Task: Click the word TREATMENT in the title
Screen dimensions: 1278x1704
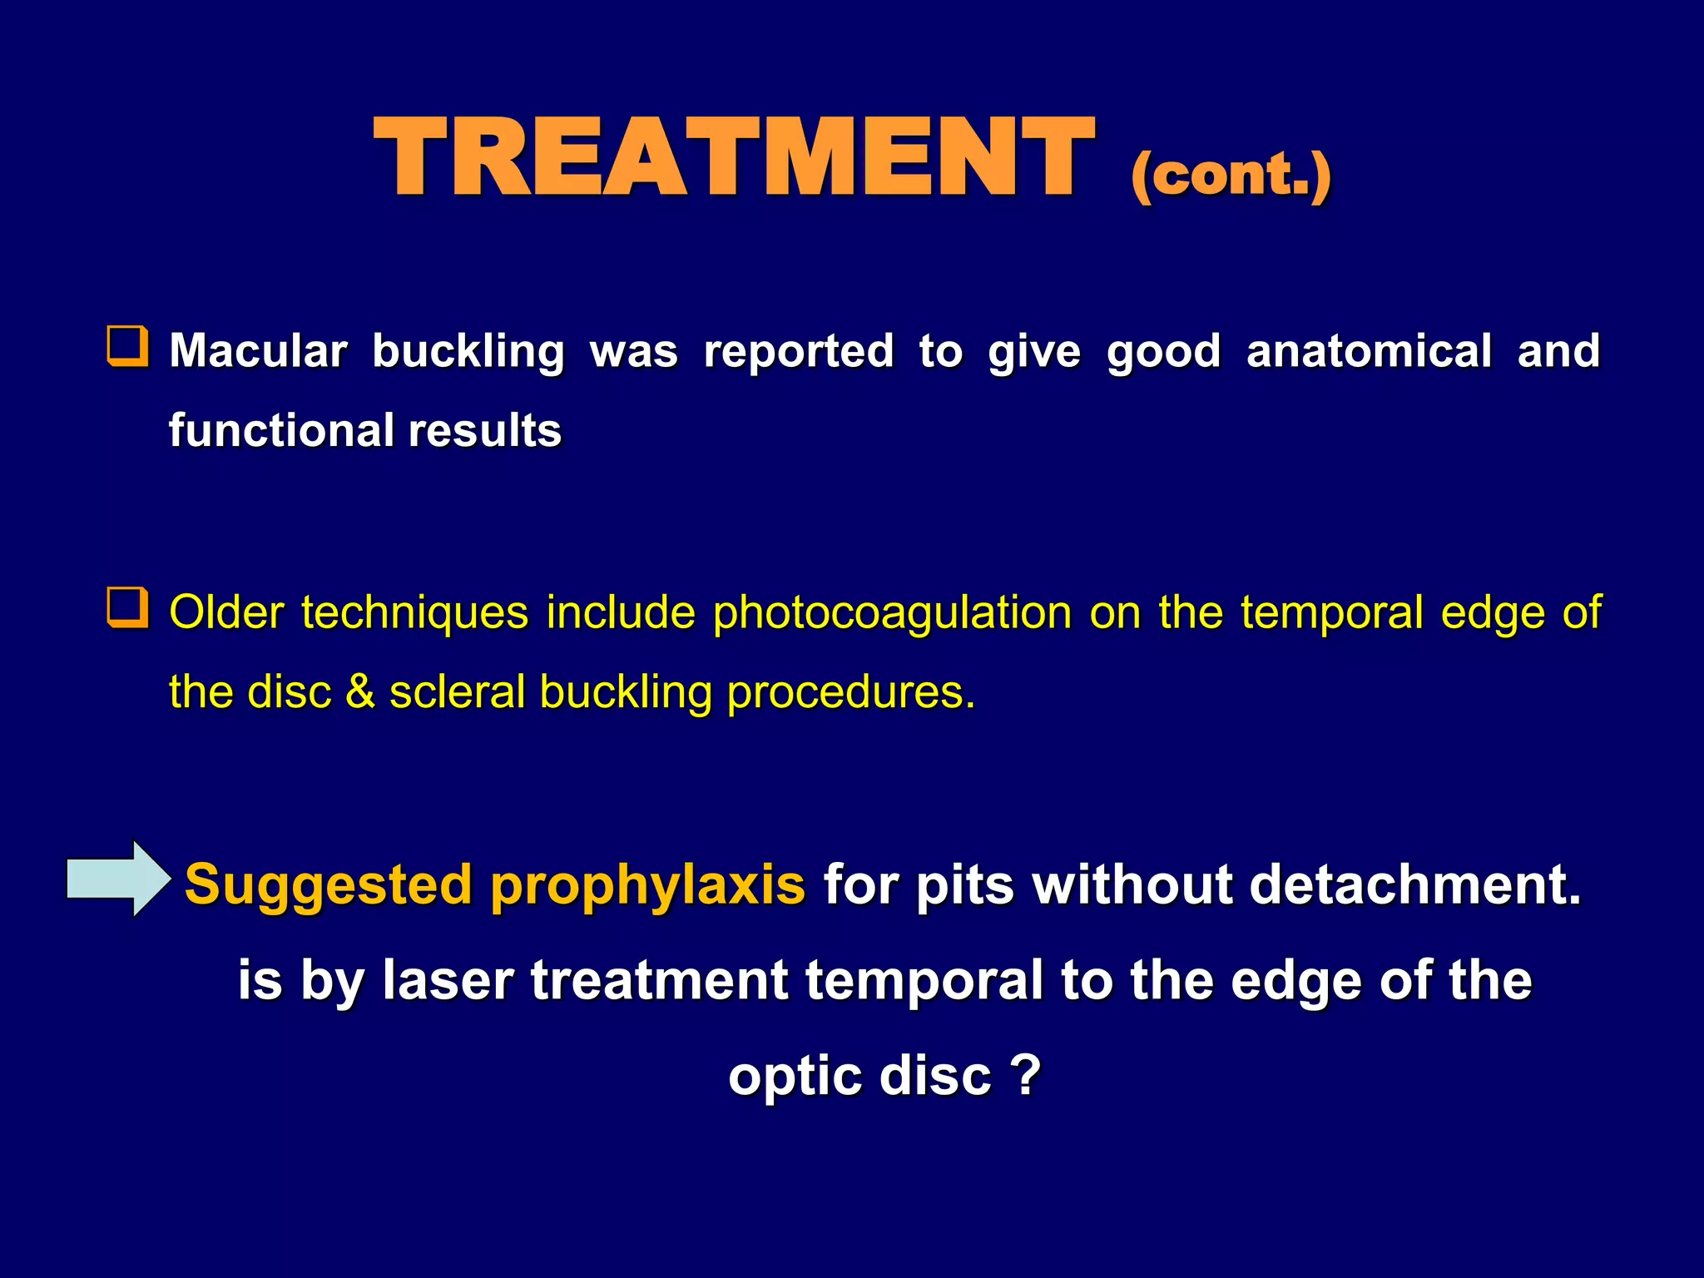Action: [x=734, y=158]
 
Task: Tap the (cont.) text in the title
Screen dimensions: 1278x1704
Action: [x=1231, y=176]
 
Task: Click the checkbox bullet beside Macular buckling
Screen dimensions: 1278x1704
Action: [x=128, y=347]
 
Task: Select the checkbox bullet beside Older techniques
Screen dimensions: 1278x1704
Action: [x=128, y=608]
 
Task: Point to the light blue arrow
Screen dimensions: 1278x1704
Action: [x=119, y=879]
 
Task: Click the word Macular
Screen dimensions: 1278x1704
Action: [x=259, y=351]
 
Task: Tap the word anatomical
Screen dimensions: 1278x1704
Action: [x=1369, y=351]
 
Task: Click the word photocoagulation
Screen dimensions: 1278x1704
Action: [x=892, y=613]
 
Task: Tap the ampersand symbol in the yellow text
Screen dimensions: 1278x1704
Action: [x=360, y=692]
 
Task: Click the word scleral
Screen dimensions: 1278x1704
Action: [x=457, y=692]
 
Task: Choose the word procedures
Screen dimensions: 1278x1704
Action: [x=850, y=692]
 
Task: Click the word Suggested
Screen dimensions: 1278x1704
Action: [x=329, y=884]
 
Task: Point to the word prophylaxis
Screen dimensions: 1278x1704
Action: [x=647, y=884]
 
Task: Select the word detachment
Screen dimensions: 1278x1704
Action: [x=1414, y=884]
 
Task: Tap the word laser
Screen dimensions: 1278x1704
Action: [x=448, y=980]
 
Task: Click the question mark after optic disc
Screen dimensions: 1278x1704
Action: [x=1028, y=1075]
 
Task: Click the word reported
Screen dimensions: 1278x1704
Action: [x=799, y=351]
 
